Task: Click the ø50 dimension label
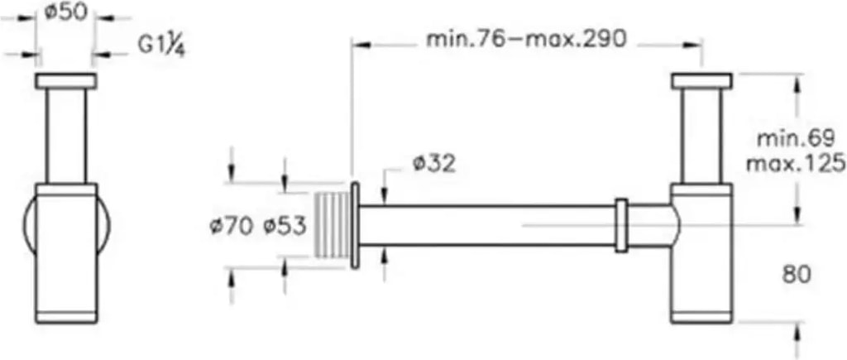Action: pyautogui.click(x=65, y=12)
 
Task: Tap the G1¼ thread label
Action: pyautogui.click(x=161, y=46)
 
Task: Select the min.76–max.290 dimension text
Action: pyautogui.click(x=527, y=39)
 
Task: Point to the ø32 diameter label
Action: pyautogui.click(x=433, y=164)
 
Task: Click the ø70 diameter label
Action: pyautogui.click(x=232, y=227)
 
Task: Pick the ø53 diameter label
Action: pyautogui.click(x=285, y=227)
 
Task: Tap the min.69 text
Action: pyautogui.click(x=796, y=138)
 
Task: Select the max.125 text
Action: pyautogui.click(x=796, y=163)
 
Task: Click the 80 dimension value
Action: pyautogui.click(x=797, y=275)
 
